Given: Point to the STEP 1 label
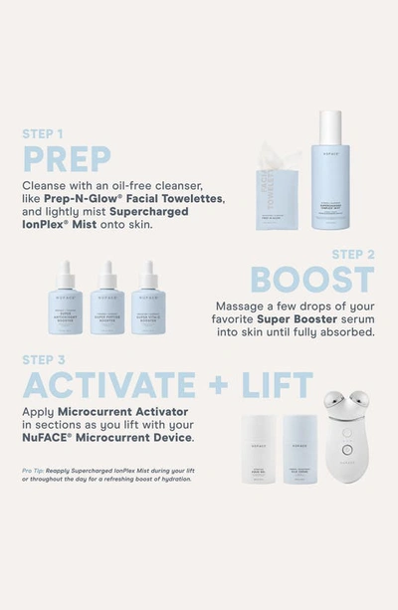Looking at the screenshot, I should click(45, 133).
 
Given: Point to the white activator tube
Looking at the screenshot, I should click(258, 449).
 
